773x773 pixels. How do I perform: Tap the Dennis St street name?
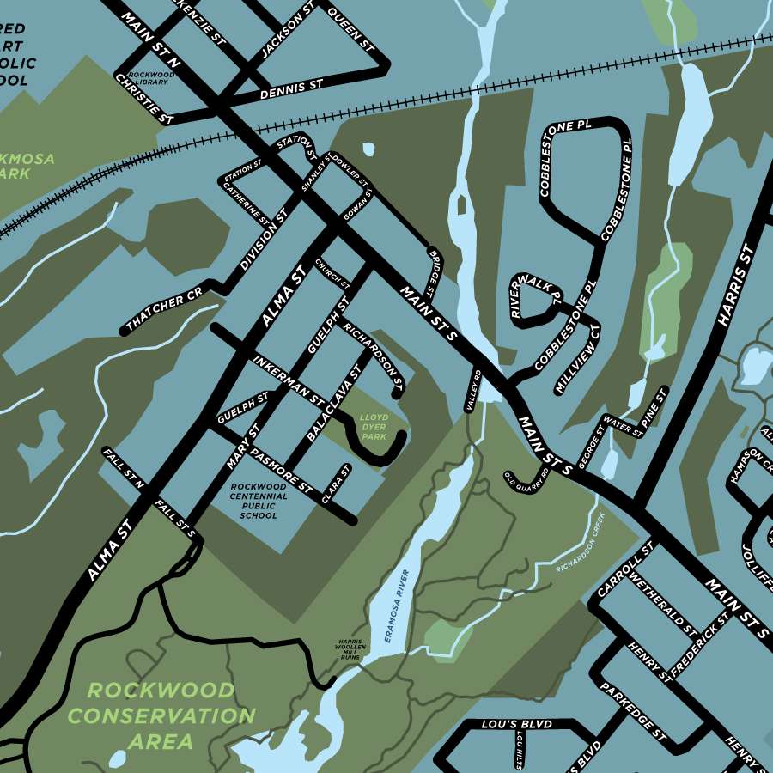pos(290,89)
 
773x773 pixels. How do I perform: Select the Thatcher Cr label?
pos(163,309)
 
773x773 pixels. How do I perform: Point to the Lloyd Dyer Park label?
pos(374,427)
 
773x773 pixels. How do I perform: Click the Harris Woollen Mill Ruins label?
pos(350,648)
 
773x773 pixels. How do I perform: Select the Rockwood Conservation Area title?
pos(161,715)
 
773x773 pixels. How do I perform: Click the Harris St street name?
pos(735,286)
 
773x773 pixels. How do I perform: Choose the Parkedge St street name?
pos(634,712)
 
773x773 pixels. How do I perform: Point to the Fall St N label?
pos(123,466)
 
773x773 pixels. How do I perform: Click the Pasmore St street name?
pos(282,471)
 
